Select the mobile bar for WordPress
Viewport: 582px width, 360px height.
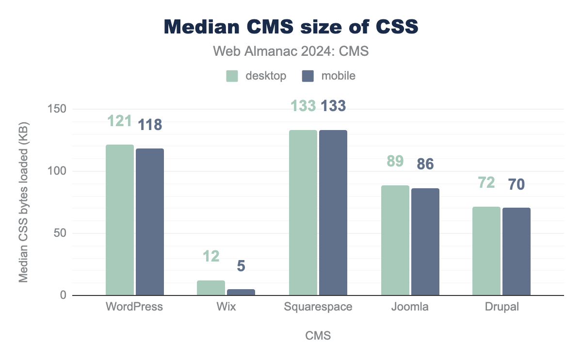click(x=150, y=222)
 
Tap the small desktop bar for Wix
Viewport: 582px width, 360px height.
click(x=211, y=288)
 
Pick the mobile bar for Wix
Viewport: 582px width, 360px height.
click(x=241, y=292)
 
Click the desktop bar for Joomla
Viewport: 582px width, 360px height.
click(x=395, y=240)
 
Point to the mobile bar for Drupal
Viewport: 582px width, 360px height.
click(x=517, y=251)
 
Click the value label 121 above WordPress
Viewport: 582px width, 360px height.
click(x=119, y=121)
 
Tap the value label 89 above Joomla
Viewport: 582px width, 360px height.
click(x=395, y=161)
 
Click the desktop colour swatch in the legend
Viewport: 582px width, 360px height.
click(x=232, y=76)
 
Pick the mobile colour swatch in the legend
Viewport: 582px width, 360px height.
click(x=308, y=76)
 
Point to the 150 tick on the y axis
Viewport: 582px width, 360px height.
click(x=57, y=109)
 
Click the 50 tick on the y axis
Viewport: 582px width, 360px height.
click(x=59, y=233)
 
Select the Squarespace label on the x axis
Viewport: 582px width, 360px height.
click(x=318, y=307)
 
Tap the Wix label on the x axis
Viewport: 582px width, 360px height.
click(x=226, y=307)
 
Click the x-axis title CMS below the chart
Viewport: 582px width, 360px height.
click(x=318, y=336)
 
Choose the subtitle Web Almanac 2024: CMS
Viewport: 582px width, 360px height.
click(x=291, y=51)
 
